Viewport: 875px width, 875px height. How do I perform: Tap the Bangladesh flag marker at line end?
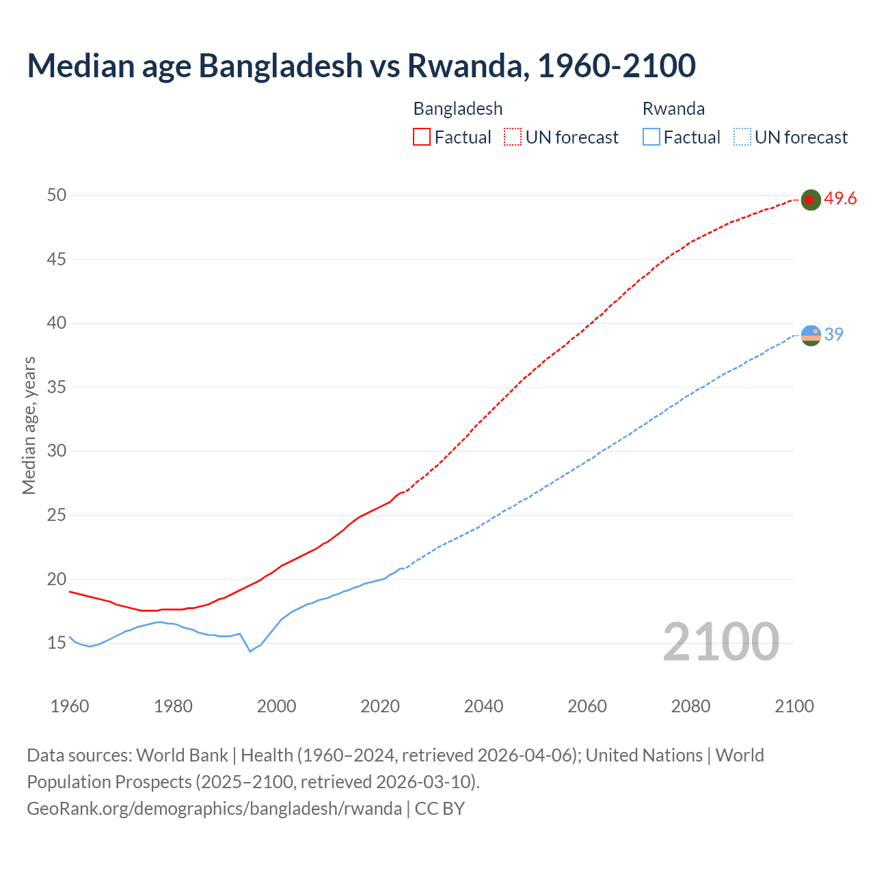tap(810, 200)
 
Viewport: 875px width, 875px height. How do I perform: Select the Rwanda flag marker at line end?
tap(810, 335)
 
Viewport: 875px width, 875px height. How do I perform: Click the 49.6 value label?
tap(840, 199)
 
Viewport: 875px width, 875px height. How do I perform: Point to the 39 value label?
tap(833, 334)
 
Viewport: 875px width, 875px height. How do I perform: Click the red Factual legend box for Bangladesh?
tap(422, 137)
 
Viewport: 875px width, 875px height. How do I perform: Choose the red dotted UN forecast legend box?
tap(513, 137)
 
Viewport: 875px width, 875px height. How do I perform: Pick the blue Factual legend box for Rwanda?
tap(651, 137)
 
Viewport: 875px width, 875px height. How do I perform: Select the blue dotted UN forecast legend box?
tap(742, 137)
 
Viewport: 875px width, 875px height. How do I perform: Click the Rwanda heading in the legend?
tap(673, 109)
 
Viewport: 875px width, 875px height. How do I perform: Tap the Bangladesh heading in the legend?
tap(458, 109)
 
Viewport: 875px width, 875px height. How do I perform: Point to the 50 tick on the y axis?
tap(57, 196)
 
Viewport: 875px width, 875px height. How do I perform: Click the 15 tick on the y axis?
tap(57, 643)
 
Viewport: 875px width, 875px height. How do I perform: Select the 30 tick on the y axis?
tap(57, 451)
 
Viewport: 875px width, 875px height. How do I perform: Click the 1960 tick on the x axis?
tap(70, 706)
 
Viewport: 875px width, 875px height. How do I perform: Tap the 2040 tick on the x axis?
tap(483, 706)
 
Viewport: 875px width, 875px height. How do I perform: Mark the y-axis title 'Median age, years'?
tap(29, 425)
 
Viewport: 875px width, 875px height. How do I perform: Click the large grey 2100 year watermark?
tap(721, 642)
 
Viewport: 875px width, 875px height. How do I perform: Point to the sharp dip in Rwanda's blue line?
tap(250, 651)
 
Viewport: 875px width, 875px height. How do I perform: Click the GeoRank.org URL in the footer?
tap(214, 809)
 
